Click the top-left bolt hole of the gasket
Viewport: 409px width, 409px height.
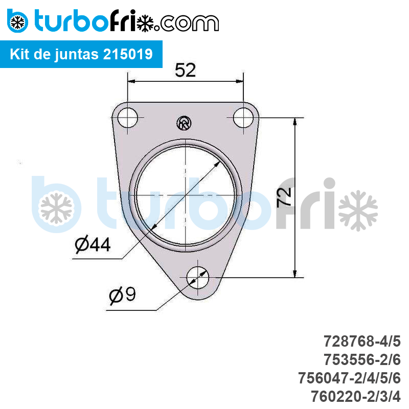[127, 118]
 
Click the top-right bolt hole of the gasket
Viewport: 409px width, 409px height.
[243, 118]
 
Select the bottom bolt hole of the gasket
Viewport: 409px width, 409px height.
[198, 278]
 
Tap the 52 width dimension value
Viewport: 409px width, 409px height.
[185, 70]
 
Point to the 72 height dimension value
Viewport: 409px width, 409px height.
[284, 197]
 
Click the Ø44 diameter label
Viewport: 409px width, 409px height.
[93, 244]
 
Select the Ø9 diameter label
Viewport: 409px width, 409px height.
[122, 295]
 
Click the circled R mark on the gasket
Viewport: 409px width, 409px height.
[184, 123]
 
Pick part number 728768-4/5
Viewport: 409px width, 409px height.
[362, 341]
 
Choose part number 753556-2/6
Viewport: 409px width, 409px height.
[362, 360]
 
